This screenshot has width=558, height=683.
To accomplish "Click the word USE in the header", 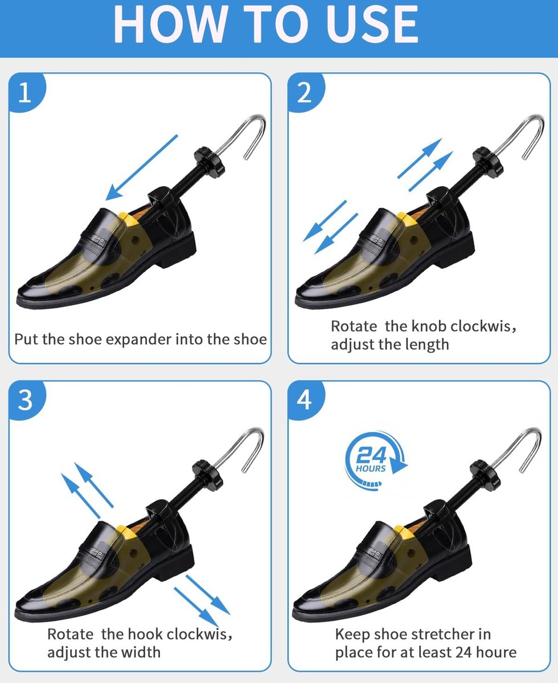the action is [372, 24].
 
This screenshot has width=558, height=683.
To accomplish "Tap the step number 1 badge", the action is [27, 92].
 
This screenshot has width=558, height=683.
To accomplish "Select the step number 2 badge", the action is [305, 92].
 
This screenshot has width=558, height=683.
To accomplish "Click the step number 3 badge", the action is [27, 400].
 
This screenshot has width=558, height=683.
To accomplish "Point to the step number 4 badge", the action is [305, 400].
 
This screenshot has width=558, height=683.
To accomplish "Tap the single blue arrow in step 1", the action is [142, 168].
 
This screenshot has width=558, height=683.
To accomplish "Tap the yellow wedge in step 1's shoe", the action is [128, 220].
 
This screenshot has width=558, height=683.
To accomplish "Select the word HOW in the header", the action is [169, 24].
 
